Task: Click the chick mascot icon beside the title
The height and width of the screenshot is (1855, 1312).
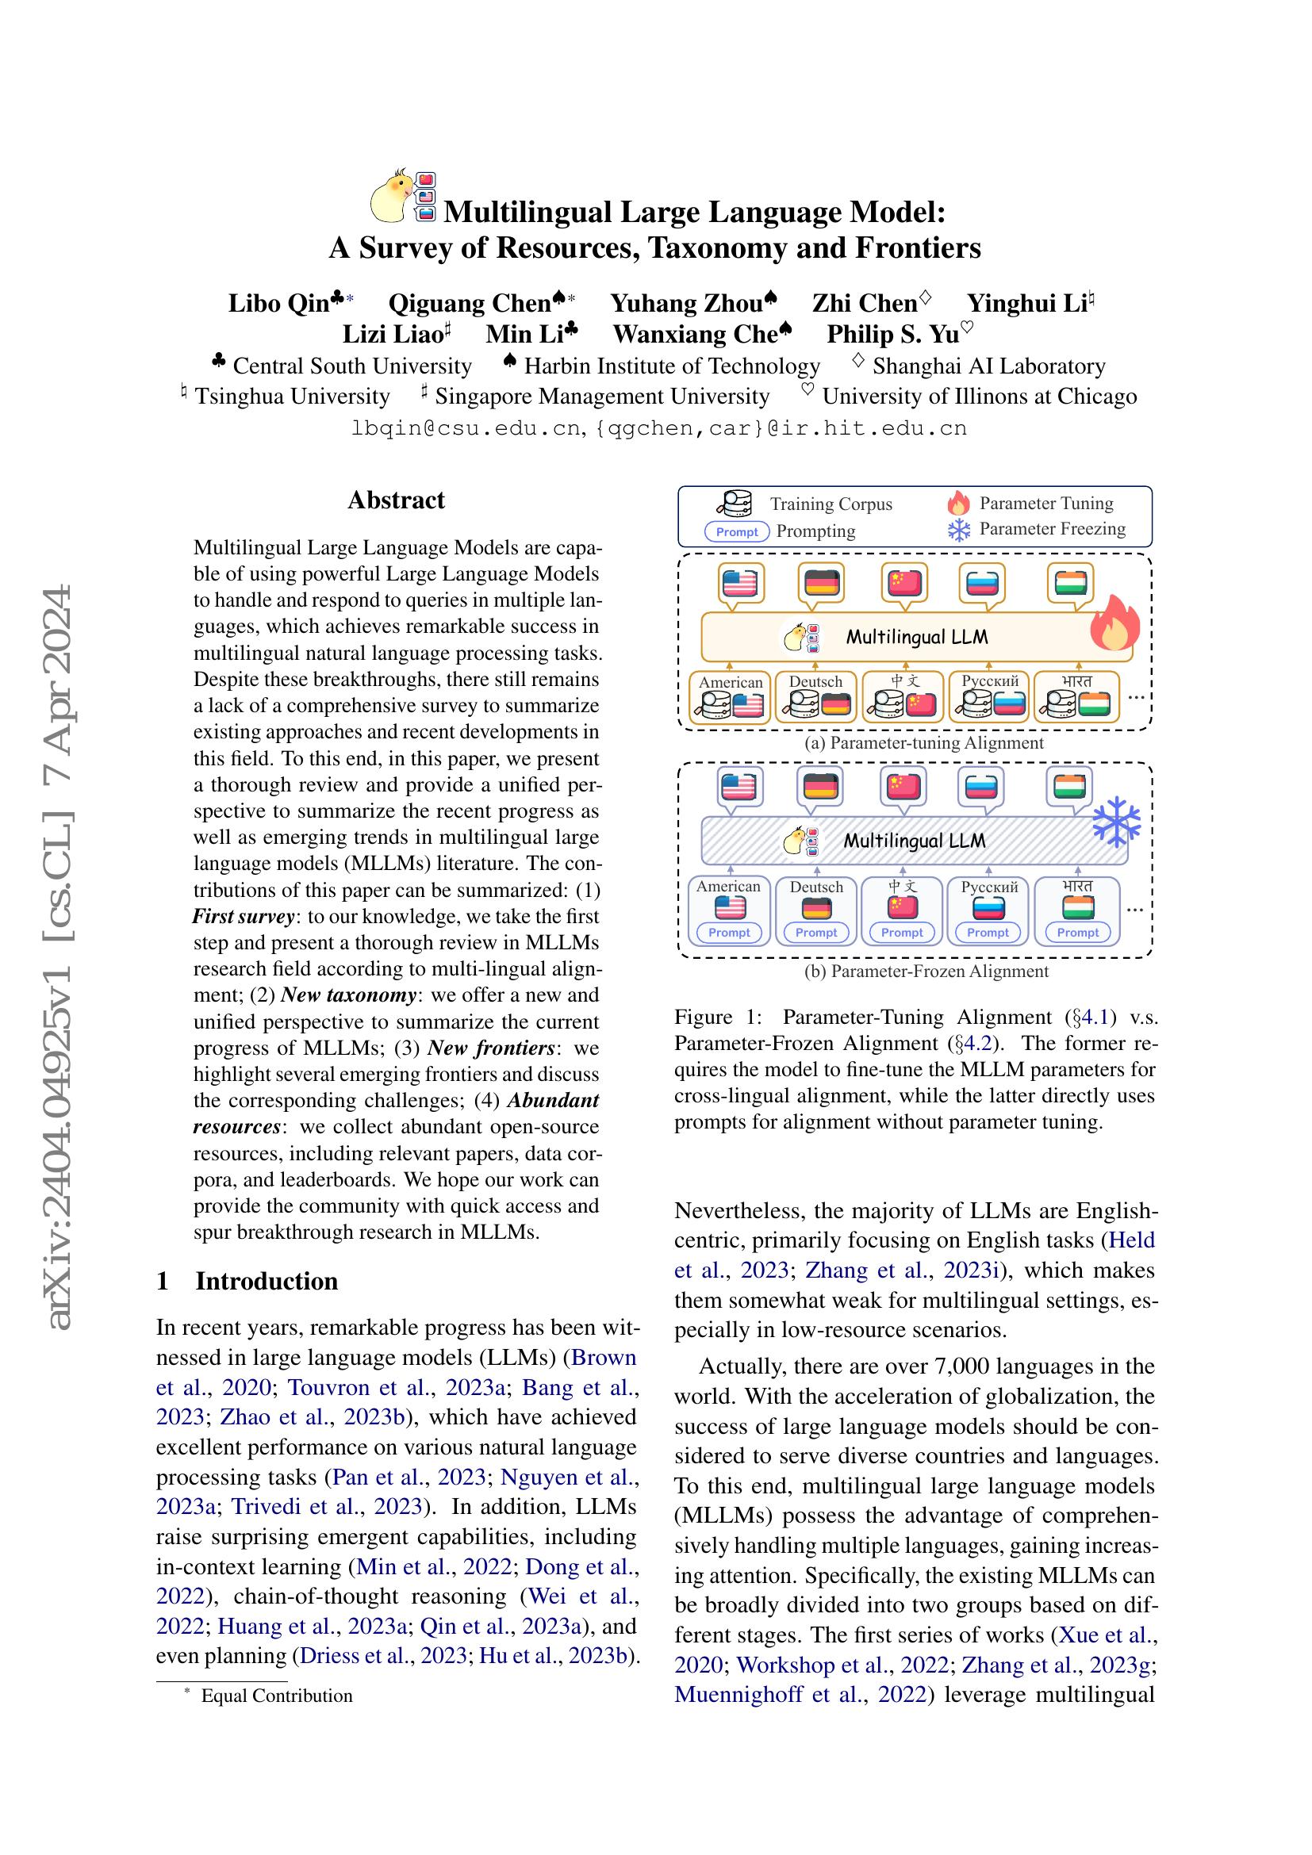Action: coord(389,197)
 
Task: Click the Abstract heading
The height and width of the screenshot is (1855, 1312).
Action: coord(396,500)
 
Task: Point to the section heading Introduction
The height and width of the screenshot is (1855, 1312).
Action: coord(267,1281)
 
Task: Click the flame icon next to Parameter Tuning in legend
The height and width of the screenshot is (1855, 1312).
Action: coord(958,504)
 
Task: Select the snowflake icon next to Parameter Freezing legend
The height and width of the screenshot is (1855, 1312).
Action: coord(958,530)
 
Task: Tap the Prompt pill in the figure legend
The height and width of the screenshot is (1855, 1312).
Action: coord(737,531)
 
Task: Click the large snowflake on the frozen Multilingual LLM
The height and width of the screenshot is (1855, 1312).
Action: coord(1116,822)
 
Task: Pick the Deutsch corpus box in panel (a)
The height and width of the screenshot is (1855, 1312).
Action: coord(816,696)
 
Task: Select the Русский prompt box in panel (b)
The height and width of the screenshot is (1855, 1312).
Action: coord(989,910)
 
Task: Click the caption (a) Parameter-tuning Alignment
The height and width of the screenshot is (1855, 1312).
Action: coord(923,742)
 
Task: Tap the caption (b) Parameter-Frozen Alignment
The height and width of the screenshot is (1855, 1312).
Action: coord(926,972)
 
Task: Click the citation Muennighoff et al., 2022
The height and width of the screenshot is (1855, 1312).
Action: coord(800,1693)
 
